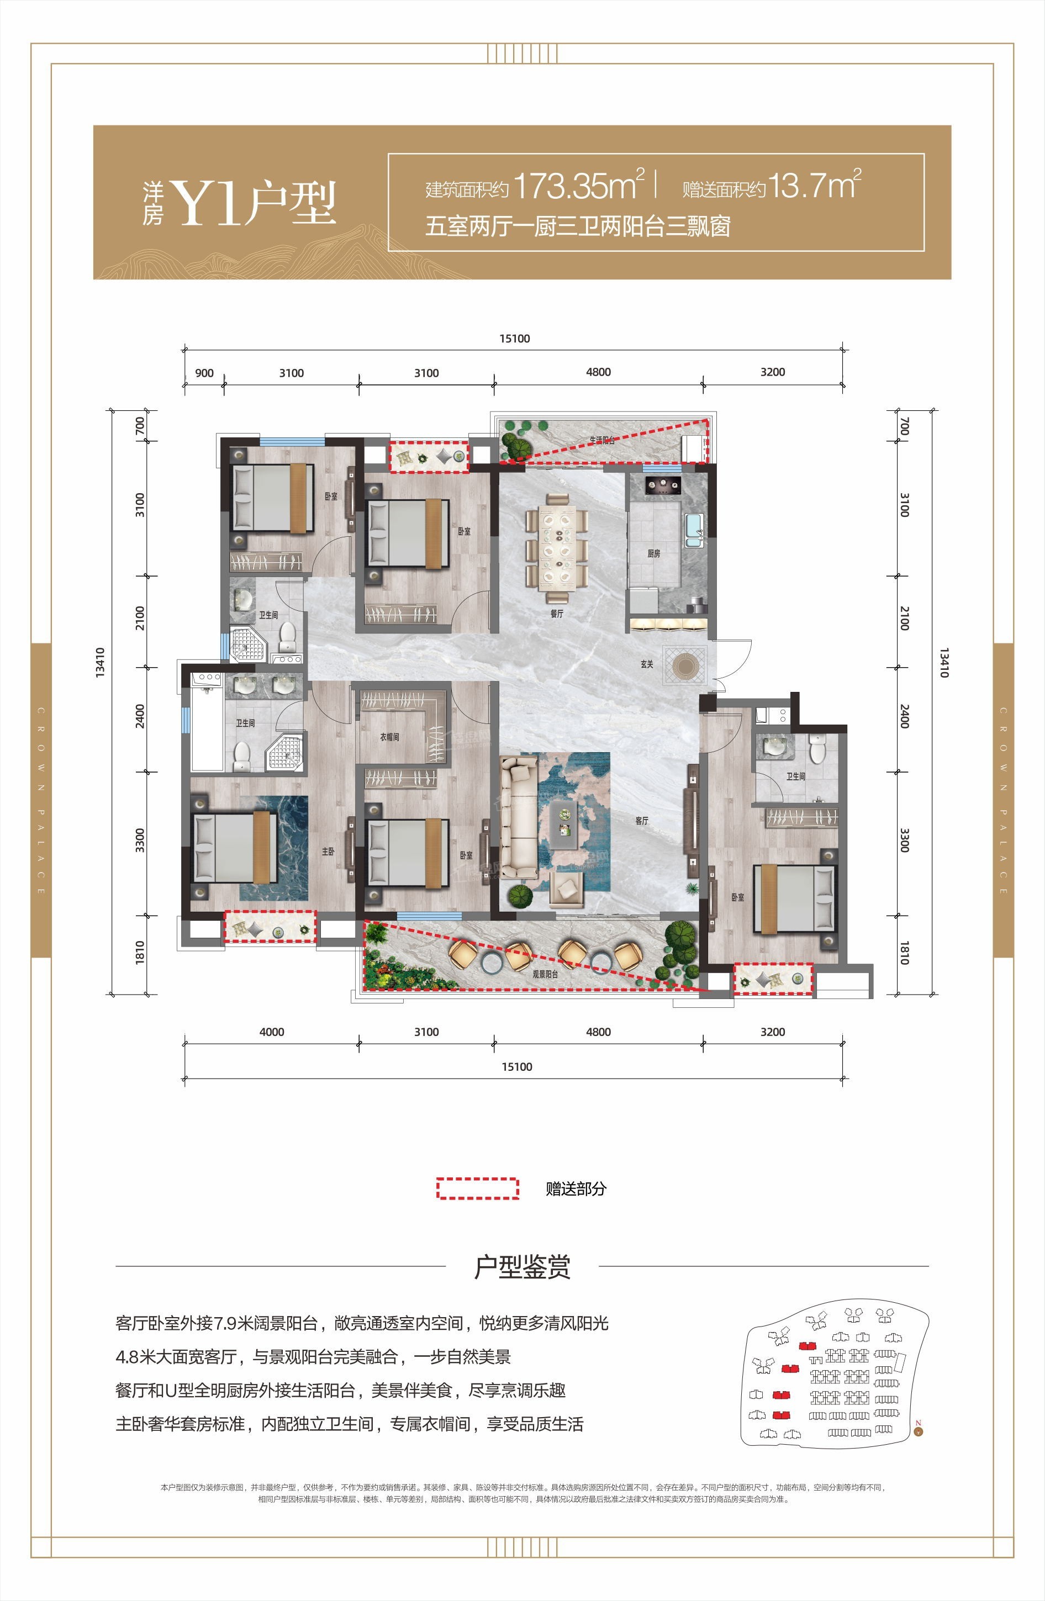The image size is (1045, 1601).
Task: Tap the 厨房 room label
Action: tap(653, 553)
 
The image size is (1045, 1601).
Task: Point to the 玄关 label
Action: tap(647, 664)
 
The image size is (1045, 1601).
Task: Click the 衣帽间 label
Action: tap(389, 737)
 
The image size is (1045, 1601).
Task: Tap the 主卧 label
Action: tap(328, 852)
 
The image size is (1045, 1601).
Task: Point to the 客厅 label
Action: tap(641, 821)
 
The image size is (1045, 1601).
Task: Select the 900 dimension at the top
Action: tap(204, 373)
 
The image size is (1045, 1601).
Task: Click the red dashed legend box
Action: tap(477, 1188)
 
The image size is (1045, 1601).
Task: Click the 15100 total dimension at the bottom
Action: tap(516, 1067)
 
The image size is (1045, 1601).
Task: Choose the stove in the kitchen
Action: tap(661, 485)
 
